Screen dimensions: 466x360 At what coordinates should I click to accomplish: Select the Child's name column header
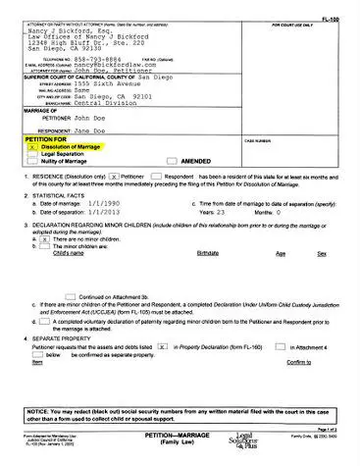(72, 253)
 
